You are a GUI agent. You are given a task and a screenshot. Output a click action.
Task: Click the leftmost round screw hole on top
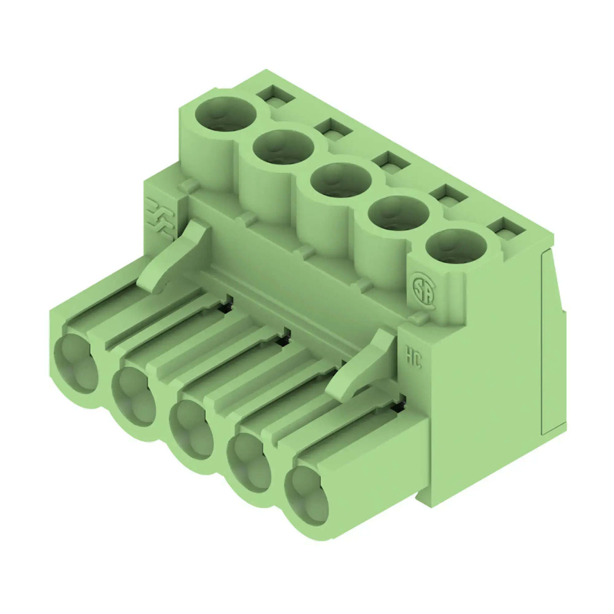(225, 114)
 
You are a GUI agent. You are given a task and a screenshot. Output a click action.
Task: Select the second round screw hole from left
(283, 147)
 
